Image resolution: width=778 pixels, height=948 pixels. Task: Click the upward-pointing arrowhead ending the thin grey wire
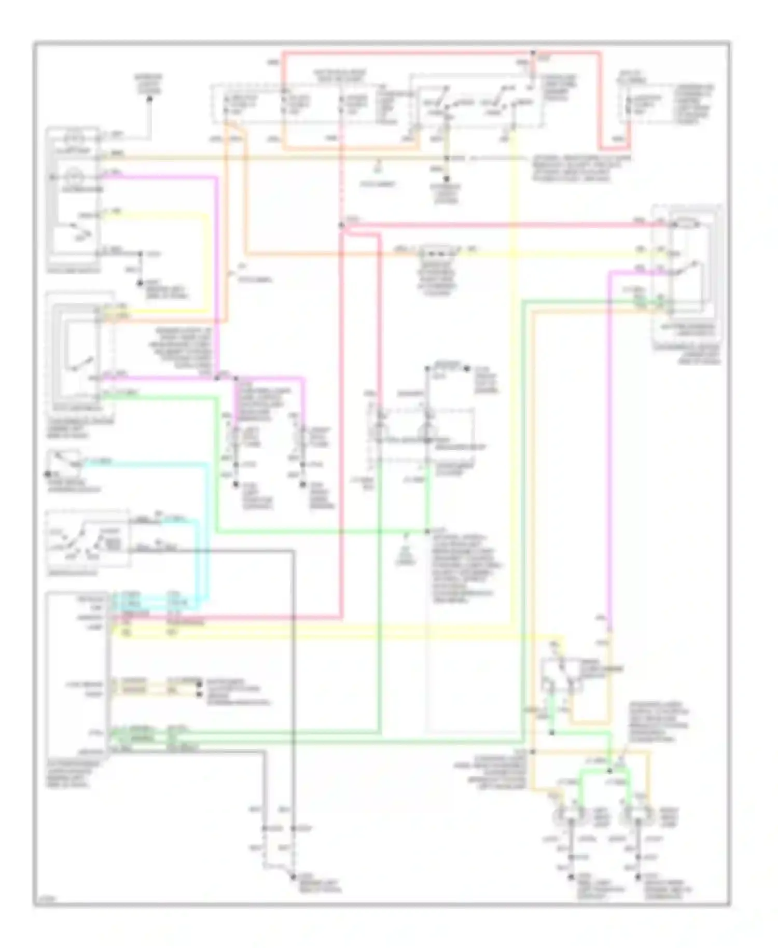click(150, 97)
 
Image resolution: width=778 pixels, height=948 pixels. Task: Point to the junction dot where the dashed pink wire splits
click(341, 225)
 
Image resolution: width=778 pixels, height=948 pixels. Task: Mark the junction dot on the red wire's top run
click(533, 53)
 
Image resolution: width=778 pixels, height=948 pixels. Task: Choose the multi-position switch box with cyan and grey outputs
click(87, 539)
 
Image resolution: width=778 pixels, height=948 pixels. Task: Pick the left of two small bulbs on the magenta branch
click(235, 439)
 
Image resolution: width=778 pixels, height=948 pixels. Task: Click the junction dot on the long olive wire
click(446, 158)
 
